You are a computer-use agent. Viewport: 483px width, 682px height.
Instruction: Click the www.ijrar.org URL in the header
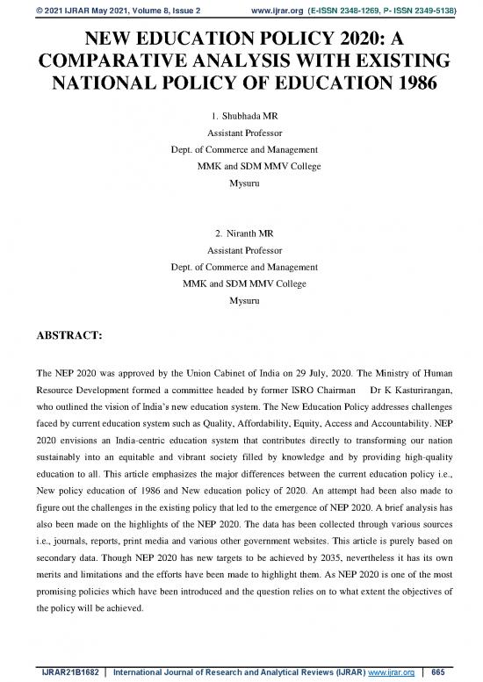pyautogui.click(x=278, y=8)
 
